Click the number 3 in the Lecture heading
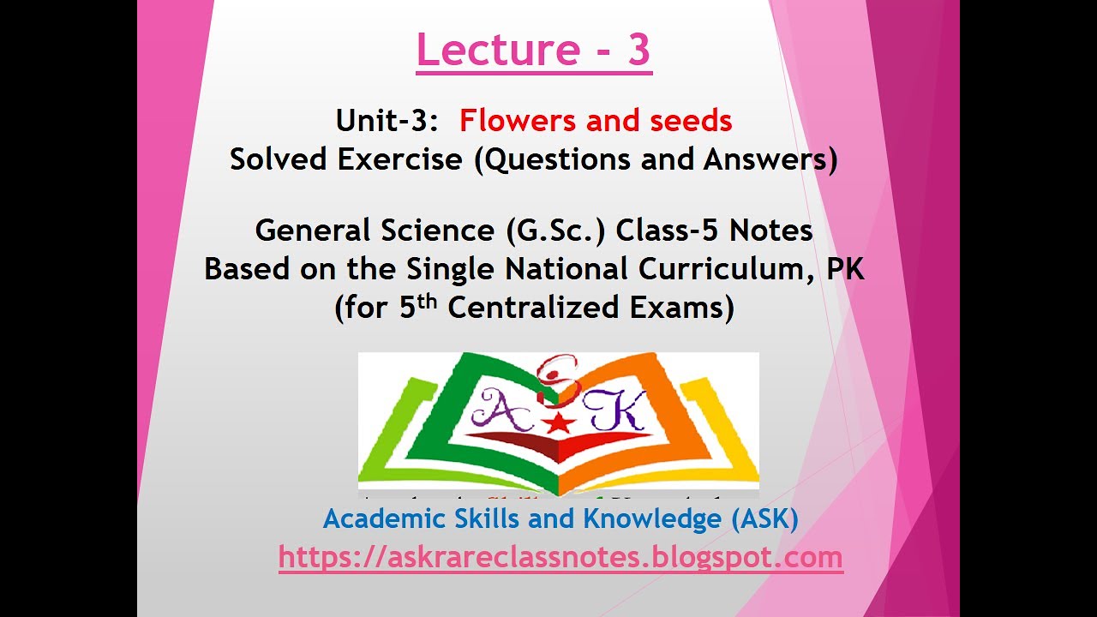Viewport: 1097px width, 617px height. click(x=638, y=51)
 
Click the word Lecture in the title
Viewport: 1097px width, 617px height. click(x=486, y=51)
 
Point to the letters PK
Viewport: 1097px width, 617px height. click(x=845, y=269)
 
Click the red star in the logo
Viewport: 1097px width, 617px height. click(x=559, y=421)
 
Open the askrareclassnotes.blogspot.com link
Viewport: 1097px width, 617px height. click(x=560, y=558)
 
